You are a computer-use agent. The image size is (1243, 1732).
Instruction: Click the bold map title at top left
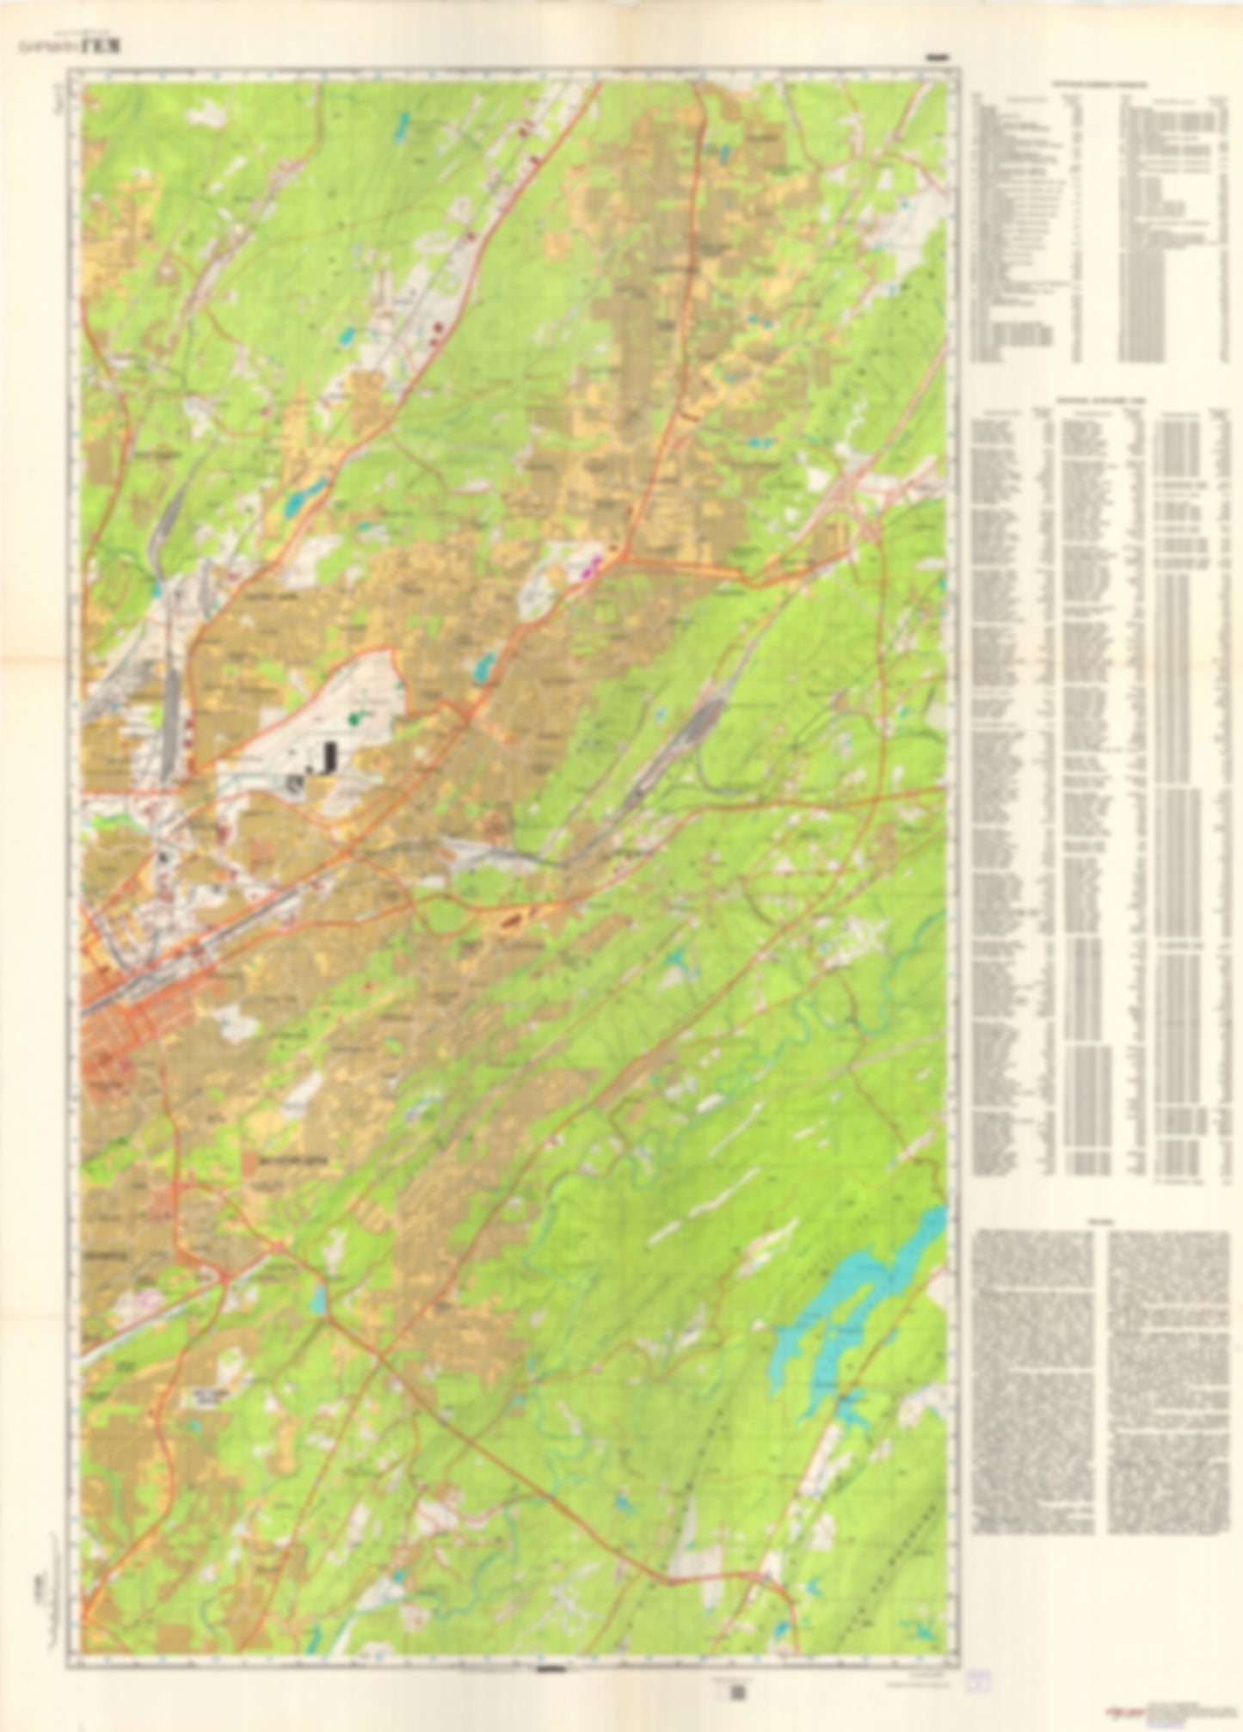tap(101, 48)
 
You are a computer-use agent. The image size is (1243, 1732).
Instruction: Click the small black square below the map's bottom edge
tap(736, 1693)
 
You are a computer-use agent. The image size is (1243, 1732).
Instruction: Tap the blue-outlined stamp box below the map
tap(977, 1680)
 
